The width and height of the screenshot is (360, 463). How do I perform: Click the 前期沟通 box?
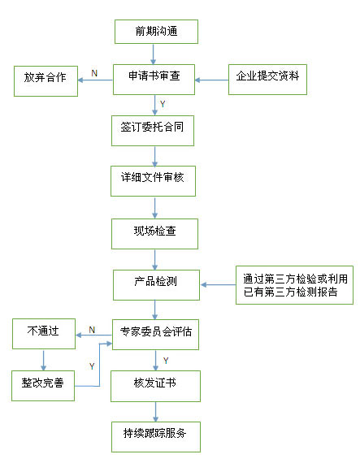(156, 32)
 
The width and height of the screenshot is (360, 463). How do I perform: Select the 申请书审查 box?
(154, 80)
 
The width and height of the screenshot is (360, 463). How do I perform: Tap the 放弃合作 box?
(46, 81)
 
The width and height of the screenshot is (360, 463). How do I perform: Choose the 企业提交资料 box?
(267, 80)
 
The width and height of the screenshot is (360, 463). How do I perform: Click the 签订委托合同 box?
(153, 131)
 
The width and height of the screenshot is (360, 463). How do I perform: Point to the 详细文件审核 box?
(153, 181)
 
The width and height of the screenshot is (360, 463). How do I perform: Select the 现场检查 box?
(154, 234)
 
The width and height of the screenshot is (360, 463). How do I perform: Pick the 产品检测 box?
(156, 285)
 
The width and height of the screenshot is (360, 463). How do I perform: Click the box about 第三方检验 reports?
(294, 285)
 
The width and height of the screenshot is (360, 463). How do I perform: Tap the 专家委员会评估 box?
(155, 335)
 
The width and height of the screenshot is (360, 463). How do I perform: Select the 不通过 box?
(44, 334)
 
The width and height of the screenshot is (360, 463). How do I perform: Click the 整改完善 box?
(43, 386)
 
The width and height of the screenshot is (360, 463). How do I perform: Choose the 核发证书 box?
(155, 386)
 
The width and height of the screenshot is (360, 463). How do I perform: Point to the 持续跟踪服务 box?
(156, 437)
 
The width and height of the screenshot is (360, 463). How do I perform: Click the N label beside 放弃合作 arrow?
(94, 73)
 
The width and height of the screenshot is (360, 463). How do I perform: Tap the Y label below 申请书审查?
(163, 104)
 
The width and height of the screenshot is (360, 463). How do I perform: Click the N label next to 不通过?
(92, 330)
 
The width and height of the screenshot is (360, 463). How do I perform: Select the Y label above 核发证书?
(166, 361)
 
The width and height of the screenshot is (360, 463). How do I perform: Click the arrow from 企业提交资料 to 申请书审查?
(211, 80)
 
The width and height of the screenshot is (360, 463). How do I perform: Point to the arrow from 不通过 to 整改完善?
(44, 360)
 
